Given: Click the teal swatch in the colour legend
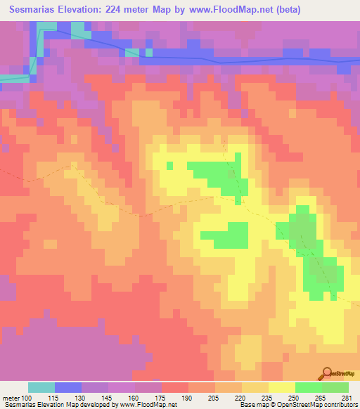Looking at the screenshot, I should [41, 387].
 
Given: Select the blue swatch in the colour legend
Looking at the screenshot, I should [68, 387].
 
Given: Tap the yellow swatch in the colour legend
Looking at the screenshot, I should [281, 387].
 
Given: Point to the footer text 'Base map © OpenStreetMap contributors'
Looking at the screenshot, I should [297, 405].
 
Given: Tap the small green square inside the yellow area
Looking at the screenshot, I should [169, 165].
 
